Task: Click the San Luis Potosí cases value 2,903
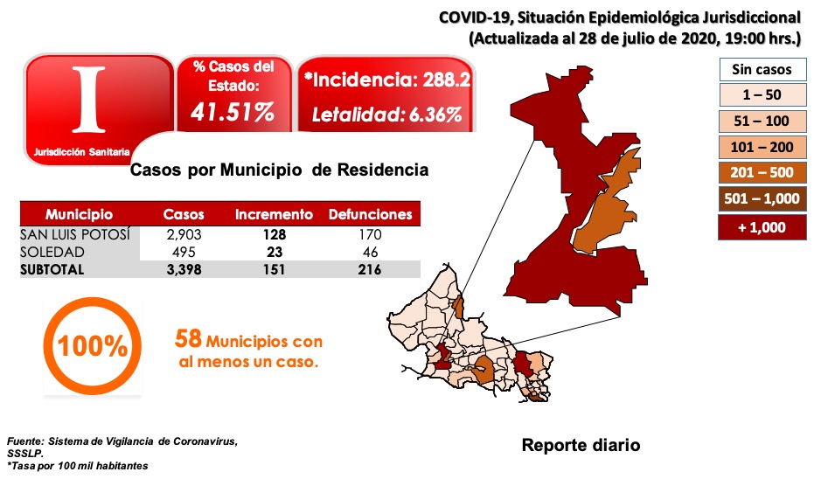coord(184,234)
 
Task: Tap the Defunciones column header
coord(370,214)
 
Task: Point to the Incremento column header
coord(274,214)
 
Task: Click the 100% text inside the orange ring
coord(93,346)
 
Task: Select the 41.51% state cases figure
coord(234,113)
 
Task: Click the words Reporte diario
coord(581,445)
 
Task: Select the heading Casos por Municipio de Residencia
coord(279,170)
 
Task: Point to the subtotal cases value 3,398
coord(184,269)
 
